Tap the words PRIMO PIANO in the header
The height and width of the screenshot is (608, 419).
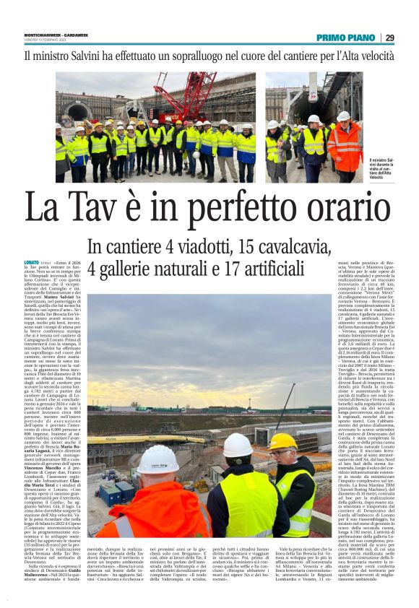point(345,38)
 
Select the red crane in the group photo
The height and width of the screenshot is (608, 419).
point(183,94)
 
